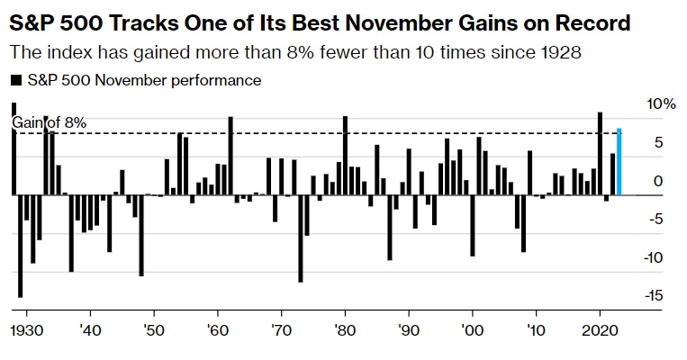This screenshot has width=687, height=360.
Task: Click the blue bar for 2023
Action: pyautogui.click(x=619, y=162)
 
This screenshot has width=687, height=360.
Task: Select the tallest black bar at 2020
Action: pyautogui.click(x=600, y=153)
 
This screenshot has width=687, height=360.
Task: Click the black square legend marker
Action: pyautogui.click(x=15, y=81)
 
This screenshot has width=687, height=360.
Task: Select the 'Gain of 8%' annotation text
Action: pyautogui.click(x=49, y=122)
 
